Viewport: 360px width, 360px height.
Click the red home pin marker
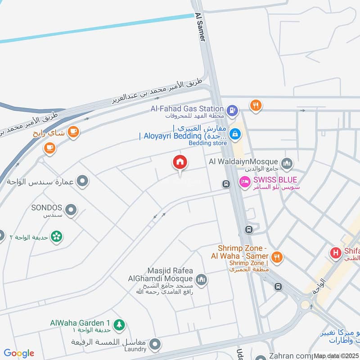(180, 162)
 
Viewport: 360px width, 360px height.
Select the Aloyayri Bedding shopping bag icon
(234, 134)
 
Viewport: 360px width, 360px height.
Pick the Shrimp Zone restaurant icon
(277, 257)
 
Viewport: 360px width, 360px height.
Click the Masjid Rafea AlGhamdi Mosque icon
(201, 280)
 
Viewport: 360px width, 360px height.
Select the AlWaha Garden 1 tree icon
(119, 324)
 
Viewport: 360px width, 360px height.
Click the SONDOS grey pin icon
(70, 210)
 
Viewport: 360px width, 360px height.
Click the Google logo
(19, 353)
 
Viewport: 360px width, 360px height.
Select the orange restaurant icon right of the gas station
(256, 105)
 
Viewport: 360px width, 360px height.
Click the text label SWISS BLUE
(275, 180)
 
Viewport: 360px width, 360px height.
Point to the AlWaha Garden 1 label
(80, 323)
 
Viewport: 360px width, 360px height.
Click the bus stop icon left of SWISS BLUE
(226, 184)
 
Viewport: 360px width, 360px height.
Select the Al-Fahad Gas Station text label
(187, 108)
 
